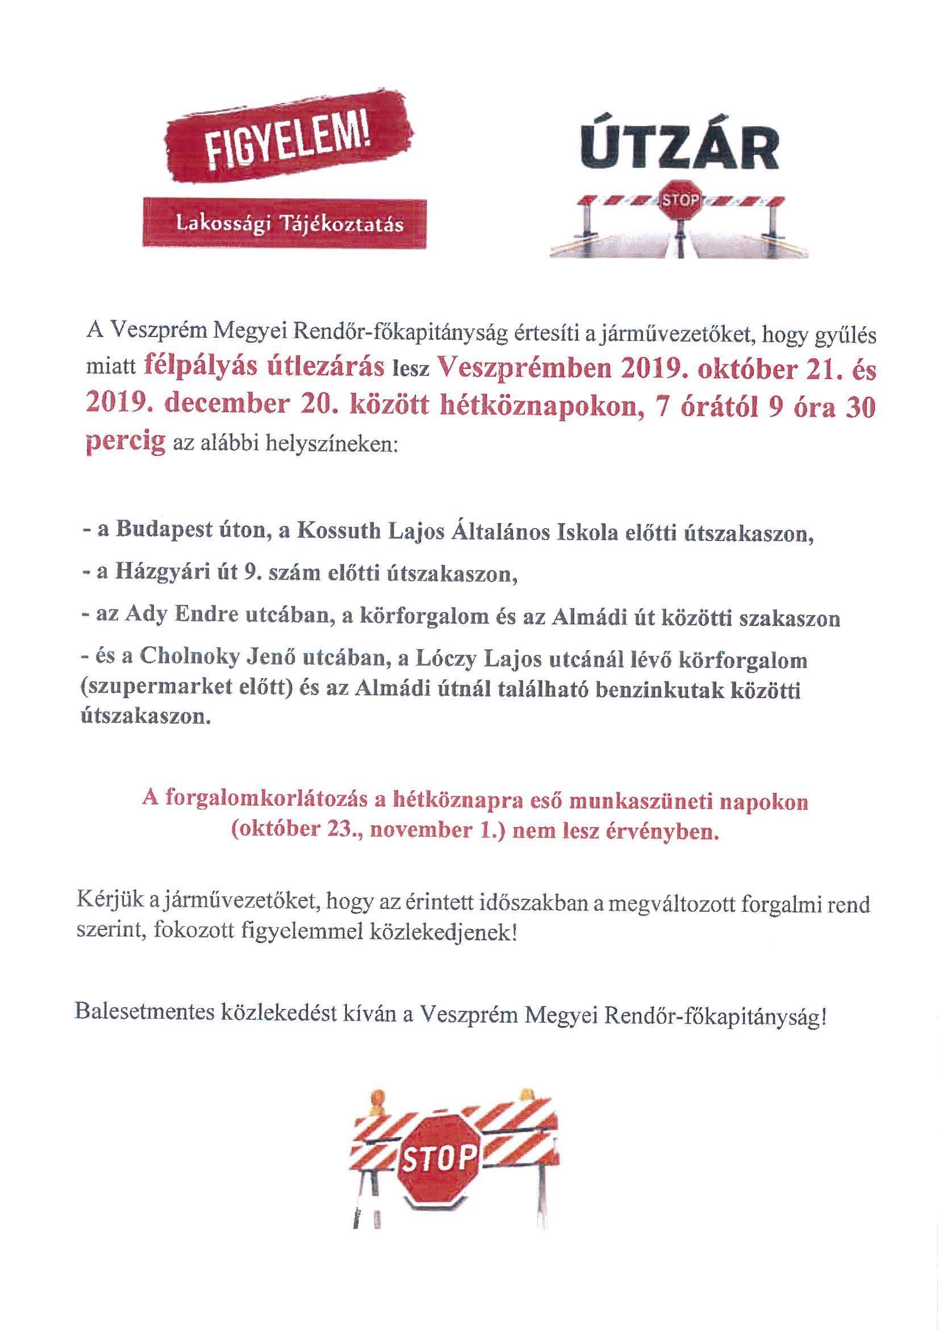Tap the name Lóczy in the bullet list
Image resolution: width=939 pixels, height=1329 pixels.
(512, 661)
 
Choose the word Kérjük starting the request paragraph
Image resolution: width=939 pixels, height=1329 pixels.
(106, 904)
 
